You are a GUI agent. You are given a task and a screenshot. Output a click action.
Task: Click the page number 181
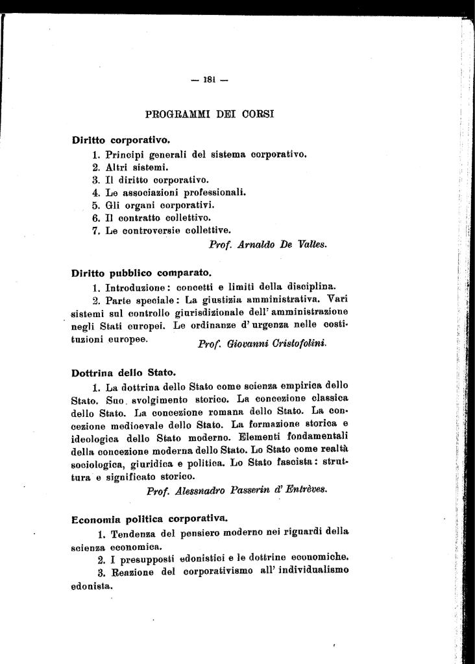[209, 80]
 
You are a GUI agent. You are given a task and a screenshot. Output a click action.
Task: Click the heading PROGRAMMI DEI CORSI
[210, 115]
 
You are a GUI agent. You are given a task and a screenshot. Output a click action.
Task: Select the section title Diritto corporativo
[121, 139]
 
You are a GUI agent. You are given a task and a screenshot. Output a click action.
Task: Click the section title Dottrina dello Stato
[123, 373]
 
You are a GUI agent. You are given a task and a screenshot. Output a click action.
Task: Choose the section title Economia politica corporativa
[149, 519]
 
